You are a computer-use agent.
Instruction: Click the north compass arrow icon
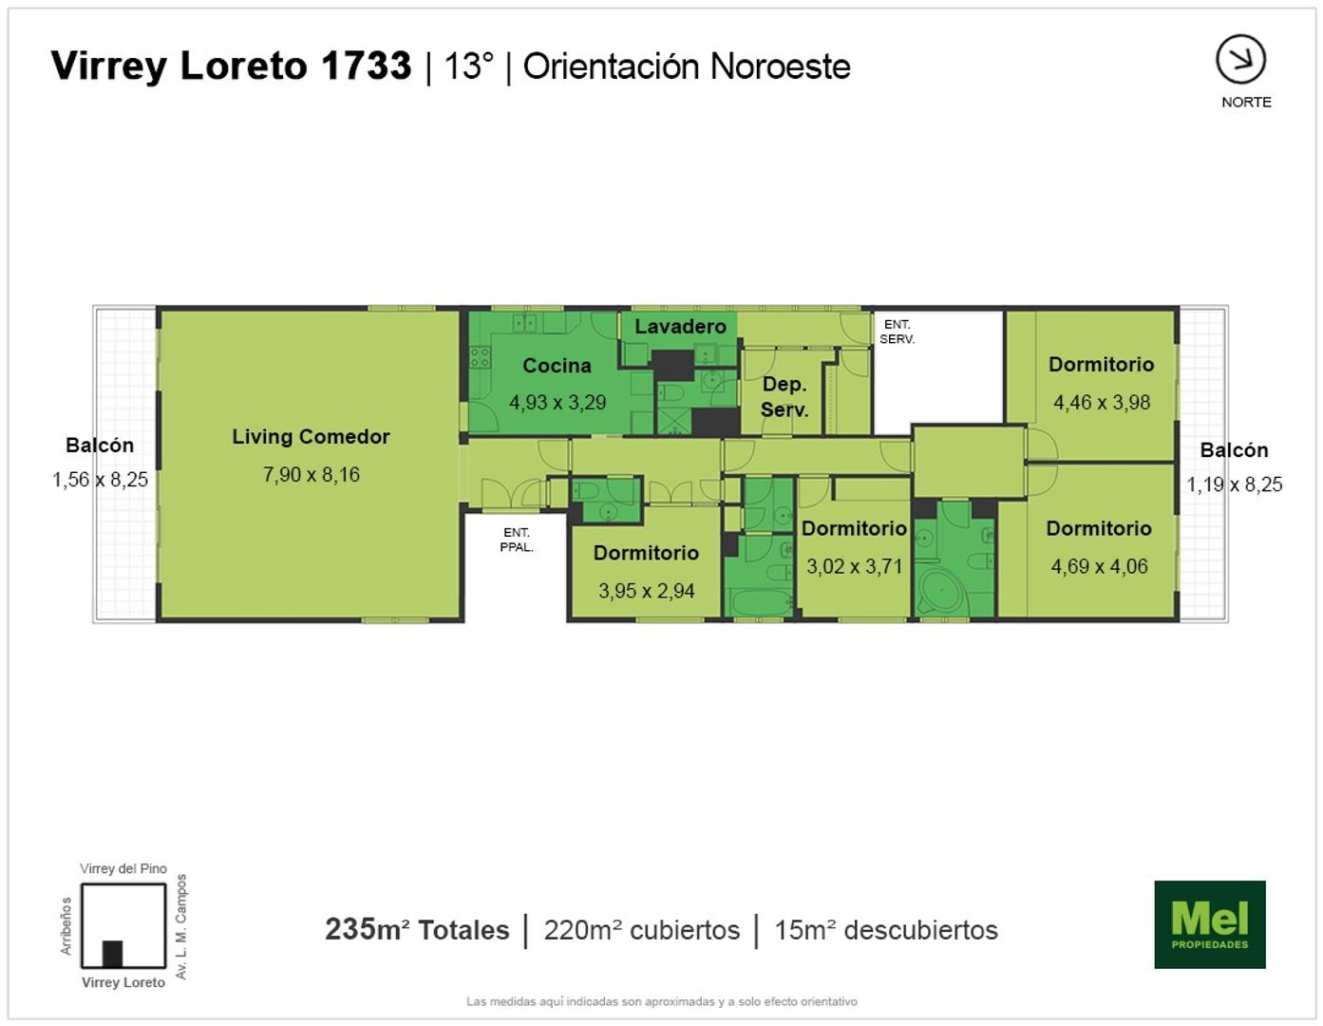[x=1240, y=60]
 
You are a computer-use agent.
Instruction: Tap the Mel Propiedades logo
[x=1210, y=924]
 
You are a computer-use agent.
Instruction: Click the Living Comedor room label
[x=311, y=437]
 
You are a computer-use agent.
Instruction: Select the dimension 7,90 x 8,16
[x=312, y=474]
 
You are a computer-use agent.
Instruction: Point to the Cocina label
[x=557, y=366]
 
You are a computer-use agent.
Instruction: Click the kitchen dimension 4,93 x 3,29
[x=558, y=403]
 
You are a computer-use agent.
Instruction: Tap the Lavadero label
[x=680, y=327]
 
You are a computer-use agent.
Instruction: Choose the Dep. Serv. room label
[x=784, y=396]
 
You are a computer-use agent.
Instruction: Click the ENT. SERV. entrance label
[x=897, y=332]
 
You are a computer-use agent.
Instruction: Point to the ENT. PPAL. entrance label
[x=517, y=541]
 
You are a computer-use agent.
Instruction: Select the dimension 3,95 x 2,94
[x=647, y=591]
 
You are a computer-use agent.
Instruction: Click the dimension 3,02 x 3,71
[x=854, y=566]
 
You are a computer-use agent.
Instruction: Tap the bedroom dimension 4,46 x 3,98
[x=1102, y=403]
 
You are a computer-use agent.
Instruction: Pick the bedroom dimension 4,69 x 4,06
[x=1100, y=566]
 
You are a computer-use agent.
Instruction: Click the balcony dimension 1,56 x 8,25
[x=100, y=480]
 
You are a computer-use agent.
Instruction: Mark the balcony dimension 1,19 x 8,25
[x=1235, y=484]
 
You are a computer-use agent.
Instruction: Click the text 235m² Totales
[x=417, y=930]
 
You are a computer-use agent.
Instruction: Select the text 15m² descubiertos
[x=886, y=930]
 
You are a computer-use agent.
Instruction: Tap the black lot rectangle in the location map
[x=113, y=954]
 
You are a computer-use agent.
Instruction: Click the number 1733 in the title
[x=367, y=66]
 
